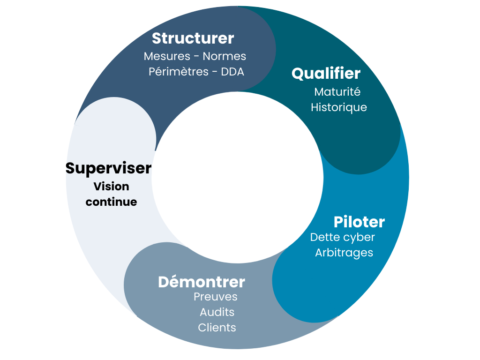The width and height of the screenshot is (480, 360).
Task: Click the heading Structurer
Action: click(x=193, y=38)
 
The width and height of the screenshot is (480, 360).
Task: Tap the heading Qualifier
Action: click(x=326, y=74)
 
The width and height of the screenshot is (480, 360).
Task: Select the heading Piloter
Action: click(x=359, y=222)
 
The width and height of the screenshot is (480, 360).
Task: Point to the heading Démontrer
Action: click(x=201, y=282)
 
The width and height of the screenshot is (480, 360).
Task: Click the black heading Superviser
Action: click(x=108, y=168)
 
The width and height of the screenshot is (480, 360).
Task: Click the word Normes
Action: click(x=224, y=56)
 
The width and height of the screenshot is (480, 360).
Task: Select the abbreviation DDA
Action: click(x=232, y=72)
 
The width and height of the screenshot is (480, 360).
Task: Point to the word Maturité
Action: click(x=337, y=91)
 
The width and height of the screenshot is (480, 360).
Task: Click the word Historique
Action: click(x=338, y=107)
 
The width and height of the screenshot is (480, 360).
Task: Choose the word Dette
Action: click(x=324, y=237)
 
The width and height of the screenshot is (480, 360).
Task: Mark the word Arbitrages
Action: click(x=344, y=253)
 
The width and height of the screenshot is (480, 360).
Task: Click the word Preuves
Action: click(x=215, y=297)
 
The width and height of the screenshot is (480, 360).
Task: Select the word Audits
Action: click(x=217, y=312)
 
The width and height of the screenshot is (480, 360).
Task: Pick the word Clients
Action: click(x=217, y=327)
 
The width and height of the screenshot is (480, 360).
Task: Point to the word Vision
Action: click(x=111, y=186)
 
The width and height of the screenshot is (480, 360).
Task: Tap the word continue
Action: click(x=111, y=202)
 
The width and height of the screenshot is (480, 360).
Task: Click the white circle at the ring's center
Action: click(x=238, y=178)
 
